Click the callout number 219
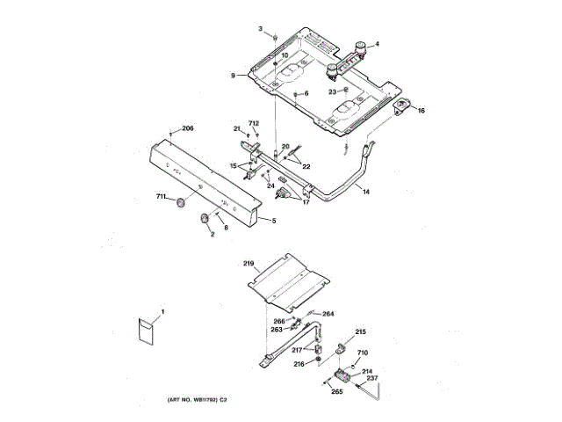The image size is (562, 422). click(249, 263)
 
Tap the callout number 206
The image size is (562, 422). click(187, 129)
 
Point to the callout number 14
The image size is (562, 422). click(366, 191)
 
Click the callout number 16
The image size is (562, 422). click(421, 111)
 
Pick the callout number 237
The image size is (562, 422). click(372, 379)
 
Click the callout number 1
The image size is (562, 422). click(162, 311)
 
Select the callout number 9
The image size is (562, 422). click(234, 76)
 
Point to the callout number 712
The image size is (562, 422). click(254, 123)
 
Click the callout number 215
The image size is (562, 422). click(360, 332)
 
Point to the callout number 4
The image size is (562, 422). click(378, 44)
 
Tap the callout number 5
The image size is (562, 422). click(273, 220)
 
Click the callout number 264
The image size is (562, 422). click(328, 314)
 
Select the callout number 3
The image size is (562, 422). click(260, 30)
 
